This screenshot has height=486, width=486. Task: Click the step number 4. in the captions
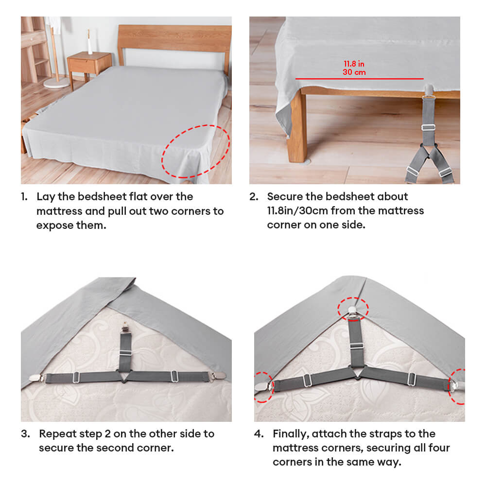pyautogui.click(x=259, y=434)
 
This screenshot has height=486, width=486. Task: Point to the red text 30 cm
pyautogui.click(x=354, y=72)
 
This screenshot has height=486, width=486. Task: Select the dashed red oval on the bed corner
pyautogui.click(x=195, y=151)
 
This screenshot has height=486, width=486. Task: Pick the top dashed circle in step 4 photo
pyautogui.click(x=353, y=310)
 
